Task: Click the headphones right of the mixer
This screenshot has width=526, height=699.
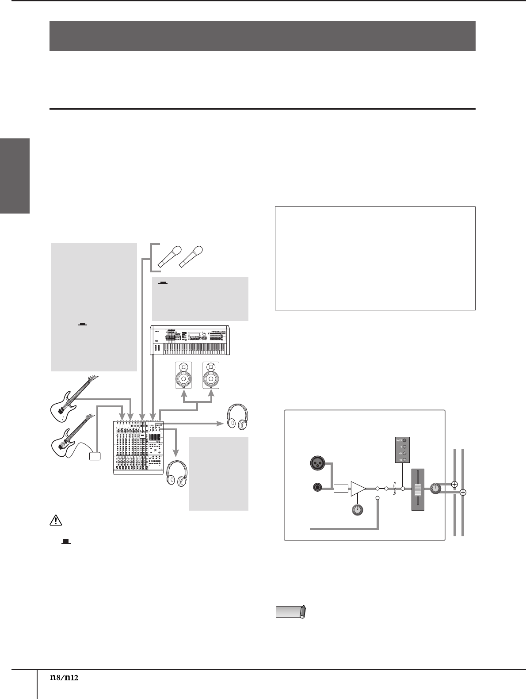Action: [237, 418]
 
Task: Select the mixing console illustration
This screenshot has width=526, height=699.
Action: [138, 447]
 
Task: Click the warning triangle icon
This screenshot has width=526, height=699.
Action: [56, 521]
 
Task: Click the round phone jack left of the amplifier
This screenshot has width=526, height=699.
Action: [317, 488]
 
